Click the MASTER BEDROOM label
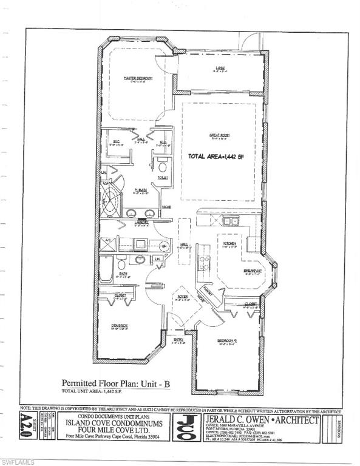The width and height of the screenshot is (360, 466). pos(137,78)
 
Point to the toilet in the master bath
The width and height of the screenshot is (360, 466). pos(162,165)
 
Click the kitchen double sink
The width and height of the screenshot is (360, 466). pos(229,221)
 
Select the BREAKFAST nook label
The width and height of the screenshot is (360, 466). pos(253,271)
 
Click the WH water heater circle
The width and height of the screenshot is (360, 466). pos(163,246)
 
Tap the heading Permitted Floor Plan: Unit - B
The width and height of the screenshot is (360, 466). pos(110,383)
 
